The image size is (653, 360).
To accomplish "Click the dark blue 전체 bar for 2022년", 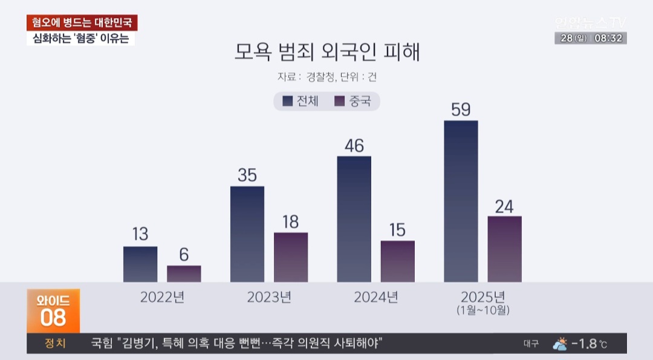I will coord(140,264).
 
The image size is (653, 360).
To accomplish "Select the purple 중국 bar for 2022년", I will coord(184,273).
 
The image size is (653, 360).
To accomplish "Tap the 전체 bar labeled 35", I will coord(247,234).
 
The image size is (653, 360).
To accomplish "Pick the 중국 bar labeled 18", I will coord(291,257).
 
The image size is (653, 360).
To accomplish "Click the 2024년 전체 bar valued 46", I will coord(354,219).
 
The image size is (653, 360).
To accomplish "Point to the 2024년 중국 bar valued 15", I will coord(398,261).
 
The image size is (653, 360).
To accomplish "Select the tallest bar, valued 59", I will coord(461,201).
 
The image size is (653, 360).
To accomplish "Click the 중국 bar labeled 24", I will coord(505,249).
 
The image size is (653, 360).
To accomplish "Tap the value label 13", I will coord(140,234).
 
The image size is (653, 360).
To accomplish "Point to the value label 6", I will coord(184,254).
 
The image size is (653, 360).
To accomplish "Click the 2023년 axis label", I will coord(269,297).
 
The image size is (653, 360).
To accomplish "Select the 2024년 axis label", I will coord(376,297).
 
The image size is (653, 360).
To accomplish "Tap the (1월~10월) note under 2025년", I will coord(483,310).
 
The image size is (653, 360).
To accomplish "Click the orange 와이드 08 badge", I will coord(53,310).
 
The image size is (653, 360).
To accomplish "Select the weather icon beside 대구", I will coord(560,344).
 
